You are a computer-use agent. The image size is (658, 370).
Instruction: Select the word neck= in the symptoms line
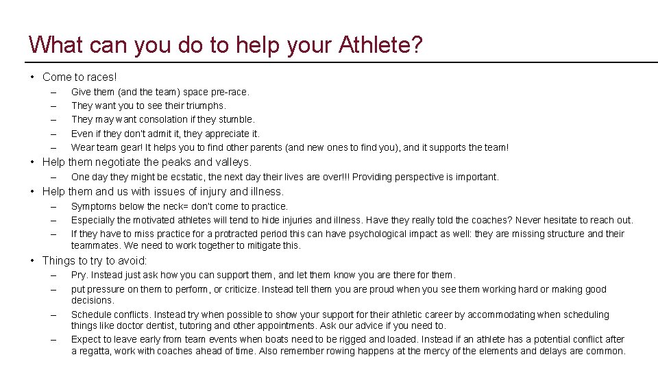pos(174,206)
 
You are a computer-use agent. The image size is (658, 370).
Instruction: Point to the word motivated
pos(155,220)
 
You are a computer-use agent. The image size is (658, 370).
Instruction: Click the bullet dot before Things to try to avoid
pos(33,260)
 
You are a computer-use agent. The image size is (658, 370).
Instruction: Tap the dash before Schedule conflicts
pos(52,315)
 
